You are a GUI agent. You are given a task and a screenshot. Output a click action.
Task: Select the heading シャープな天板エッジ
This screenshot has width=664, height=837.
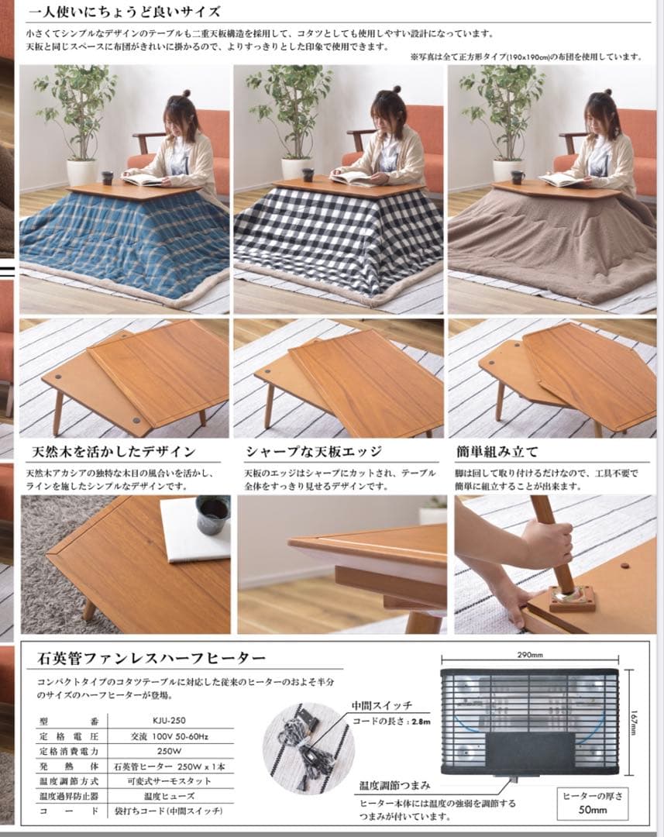[314, 451]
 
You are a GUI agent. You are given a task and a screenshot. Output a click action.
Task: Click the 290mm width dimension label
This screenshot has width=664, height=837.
[529, 654]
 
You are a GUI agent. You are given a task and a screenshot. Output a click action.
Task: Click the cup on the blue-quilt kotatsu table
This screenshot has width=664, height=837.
[107, 177]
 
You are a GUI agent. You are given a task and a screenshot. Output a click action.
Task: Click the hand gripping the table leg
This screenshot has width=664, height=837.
[548, 542]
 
